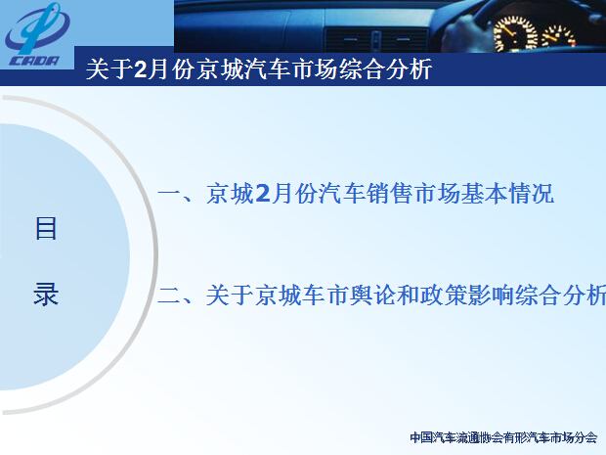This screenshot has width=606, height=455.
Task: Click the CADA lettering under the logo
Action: pyautogui.click(x=34, y=61)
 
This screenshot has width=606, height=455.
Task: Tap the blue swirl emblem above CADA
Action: pyautogui.click(x=37, y=27)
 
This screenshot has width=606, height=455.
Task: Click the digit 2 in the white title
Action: pyautogui.click(x=141, y=69)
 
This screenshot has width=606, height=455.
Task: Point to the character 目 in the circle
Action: pyautogui.click(x=46, y=228)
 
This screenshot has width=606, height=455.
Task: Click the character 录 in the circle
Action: pyautogui.click(x=46, y=295)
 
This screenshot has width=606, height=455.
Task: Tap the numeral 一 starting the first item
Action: pyautogui.click(x=169, y=194)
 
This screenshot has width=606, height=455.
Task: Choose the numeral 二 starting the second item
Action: pyautogui.click(x=169, y=296)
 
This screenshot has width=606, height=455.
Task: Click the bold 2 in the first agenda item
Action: pyautogui.click(x=263, y=194)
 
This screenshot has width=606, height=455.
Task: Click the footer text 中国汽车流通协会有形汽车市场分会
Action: pyautogui.click(x=503, y=437)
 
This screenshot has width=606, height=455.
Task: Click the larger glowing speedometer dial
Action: pyautogui.click(x=515, y=34)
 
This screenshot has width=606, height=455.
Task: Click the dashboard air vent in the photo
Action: pyautogui.click(x=375, y=40)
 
